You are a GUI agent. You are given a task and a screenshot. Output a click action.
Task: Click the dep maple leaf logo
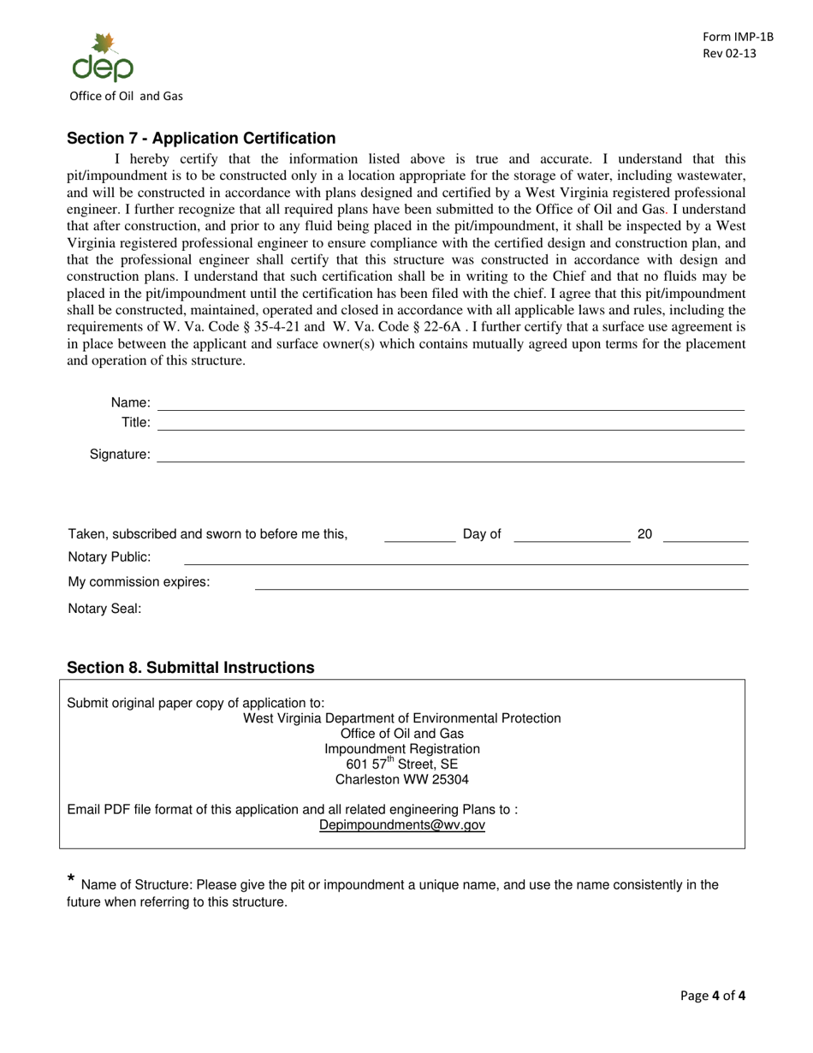103,58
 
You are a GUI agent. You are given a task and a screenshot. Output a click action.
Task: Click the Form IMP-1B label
738,37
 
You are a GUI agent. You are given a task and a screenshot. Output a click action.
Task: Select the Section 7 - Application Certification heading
201,139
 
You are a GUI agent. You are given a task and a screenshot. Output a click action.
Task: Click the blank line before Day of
420,540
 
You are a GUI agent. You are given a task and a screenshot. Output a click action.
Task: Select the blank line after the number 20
705,540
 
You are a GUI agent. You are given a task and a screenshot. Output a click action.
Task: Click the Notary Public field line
466,562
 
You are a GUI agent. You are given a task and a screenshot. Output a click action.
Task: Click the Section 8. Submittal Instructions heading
190,668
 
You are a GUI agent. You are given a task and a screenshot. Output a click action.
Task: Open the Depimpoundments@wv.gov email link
402,825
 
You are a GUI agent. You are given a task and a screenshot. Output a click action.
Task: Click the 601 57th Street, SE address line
402,764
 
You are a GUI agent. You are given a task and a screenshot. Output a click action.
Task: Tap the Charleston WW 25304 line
402,780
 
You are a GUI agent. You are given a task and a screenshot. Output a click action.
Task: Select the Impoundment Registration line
402,749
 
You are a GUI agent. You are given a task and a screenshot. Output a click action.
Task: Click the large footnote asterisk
71,879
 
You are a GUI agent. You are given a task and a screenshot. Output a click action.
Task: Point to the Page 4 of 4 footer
713,996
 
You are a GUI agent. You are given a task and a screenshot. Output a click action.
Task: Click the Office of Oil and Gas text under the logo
127,96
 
